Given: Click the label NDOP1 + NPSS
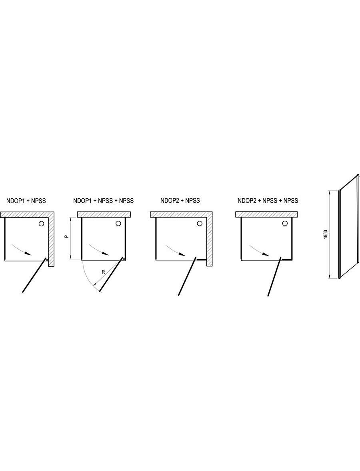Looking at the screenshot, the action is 26,201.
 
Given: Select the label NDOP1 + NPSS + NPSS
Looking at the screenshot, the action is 103,201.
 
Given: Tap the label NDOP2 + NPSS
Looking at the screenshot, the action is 180,200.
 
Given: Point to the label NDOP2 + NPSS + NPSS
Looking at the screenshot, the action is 268,200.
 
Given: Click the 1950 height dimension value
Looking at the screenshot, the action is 326,234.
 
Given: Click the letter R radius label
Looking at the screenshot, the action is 103,272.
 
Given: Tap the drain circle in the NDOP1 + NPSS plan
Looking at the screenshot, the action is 41,224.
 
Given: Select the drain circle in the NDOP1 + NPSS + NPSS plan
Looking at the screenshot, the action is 118,224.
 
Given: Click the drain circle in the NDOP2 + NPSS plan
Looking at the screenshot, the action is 200,223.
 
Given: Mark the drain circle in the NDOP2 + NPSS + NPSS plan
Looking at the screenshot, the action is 285,223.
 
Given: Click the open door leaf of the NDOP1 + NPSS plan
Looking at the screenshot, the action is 34,275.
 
